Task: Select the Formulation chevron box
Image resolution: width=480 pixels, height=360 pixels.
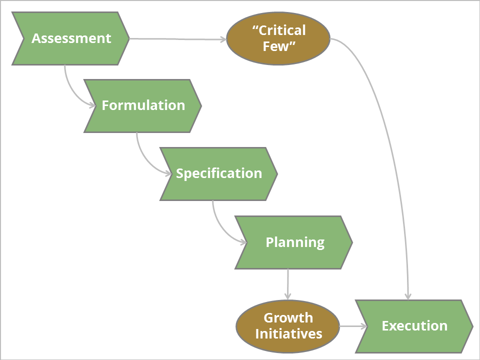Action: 143,105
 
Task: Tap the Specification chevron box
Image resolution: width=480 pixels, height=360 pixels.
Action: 219,173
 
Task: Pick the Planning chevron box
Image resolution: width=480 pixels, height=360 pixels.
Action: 294,242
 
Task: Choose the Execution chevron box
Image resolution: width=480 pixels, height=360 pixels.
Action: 414,326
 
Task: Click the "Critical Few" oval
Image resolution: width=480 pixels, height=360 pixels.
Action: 278,38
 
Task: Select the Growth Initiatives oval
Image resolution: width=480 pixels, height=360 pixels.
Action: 288,325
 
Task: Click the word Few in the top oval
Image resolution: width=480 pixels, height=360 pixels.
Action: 278,47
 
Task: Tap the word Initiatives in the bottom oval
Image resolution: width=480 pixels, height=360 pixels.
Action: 288,333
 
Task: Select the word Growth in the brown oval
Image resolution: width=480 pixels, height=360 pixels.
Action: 288,317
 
